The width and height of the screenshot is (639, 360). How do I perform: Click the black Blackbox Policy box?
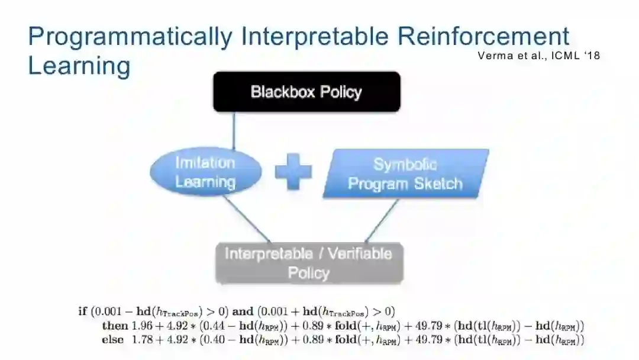tap(306, 92)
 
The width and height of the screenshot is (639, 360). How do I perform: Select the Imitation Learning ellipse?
tap(205, 172)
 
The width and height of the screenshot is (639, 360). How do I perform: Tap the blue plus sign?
tap(293, 172)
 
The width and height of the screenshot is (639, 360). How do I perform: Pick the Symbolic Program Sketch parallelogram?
tap(405, 173)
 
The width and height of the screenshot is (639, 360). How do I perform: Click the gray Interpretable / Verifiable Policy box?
tap(308, 263)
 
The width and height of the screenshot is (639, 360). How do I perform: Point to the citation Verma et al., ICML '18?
tap(538, 56)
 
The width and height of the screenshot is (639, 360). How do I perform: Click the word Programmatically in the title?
tap(130, 37)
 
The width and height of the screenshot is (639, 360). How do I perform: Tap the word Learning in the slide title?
tap(79, 66)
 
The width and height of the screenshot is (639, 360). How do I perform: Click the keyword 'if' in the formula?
tap(82, 311)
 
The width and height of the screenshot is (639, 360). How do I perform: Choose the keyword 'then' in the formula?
tap(115, 326)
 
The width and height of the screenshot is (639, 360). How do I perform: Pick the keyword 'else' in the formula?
tap(113, 340)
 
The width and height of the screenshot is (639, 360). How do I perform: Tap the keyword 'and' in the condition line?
tap(243, 311)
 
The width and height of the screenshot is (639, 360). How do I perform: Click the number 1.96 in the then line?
tap(138, 326)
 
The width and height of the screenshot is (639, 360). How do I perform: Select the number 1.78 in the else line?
tap(142, 340)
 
